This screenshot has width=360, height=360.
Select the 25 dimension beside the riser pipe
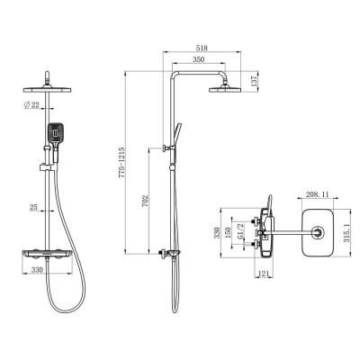click(32, 209)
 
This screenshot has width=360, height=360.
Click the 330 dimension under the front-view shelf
click(37, 269)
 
